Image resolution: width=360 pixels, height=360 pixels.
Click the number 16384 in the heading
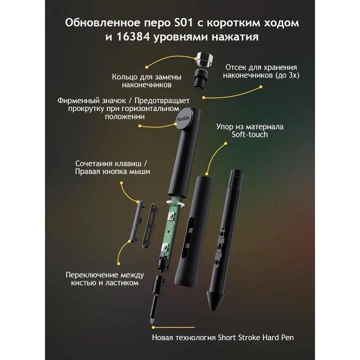[x=133, y=37]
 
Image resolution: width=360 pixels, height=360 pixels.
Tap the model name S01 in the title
[x=183, y=23]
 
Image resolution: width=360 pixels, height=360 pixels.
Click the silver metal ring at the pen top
[x=204, y=59]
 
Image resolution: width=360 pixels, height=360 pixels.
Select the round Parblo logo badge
[x=184, y=119]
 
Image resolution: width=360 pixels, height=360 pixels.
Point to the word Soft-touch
[x=250, y=134]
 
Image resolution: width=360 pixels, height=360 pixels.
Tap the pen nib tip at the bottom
[x=152, y=321]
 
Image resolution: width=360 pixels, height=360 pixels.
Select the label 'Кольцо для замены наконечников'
[x=146, y=81]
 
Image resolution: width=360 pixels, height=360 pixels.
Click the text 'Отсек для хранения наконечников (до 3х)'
[x=261, y=71]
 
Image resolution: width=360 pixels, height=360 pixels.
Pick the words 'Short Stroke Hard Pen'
[x=256, y=337]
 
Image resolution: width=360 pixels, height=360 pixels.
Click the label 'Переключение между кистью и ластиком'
[x=104, y=278]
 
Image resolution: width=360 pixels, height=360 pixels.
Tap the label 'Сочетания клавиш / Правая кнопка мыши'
[x=112, y=167]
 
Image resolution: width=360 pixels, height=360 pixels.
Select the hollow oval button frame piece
[x=149, y=226]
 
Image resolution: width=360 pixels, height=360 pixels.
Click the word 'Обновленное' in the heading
[x=103, y=23]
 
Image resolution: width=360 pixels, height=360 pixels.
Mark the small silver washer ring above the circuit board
[x=175, y=203]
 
